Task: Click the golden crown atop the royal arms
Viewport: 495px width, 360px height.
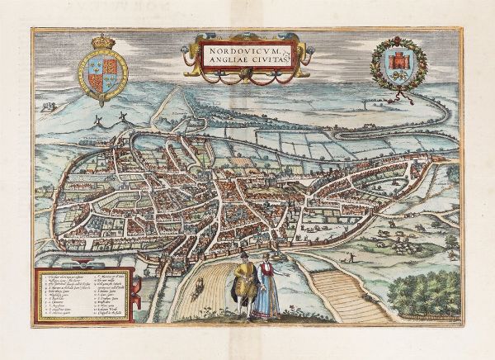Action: tap(102, 41)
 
